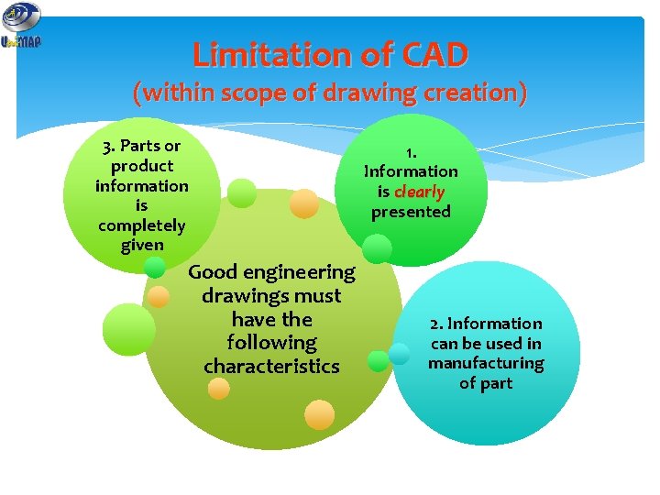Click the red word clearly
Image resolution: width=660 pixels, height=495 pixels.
[419, 192]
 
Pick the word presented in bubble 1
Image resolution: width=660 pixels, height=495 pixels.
[411, 212]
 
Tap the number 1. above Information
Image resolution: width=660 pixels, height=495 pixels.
[411, 151]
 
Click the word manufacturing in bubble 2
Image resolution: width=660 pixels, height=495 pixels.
[486, 363]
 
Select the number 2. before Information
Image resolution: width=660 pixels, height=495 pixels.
[436, 324]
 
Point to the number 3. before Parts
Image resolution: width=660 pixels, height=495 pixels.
[110, 146]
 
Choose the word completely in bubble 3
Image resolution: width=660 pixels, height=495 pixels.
[141, 225]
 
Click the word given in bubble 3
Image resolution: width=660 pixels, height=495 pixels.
[141, 246]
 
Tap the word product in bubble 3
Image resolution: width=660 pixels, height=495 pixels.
[141, 166]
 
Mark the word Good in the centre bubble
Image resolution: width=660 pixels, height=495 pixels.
[213, 272]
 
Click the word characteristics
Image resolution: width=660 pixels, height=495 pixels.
[271, 367]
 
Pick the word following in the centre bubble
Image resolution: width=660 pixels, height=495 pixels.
[271, 343]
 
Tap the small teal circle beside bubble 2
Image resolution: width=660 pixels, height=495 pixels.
[400, 354]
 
